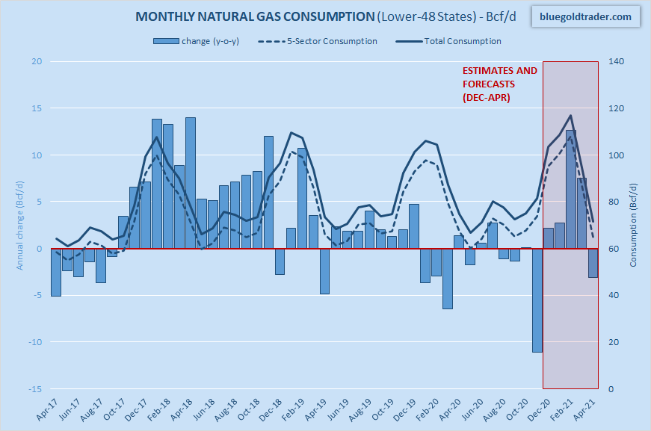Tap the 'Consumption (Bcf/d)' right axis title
coord(632,225)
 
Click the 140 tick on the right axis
coord(615,61)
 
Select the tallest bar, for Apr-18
coord(191,183)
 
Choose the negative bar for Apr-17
coord(56,273)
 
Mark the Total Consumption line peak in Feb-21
coord(571,116)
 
